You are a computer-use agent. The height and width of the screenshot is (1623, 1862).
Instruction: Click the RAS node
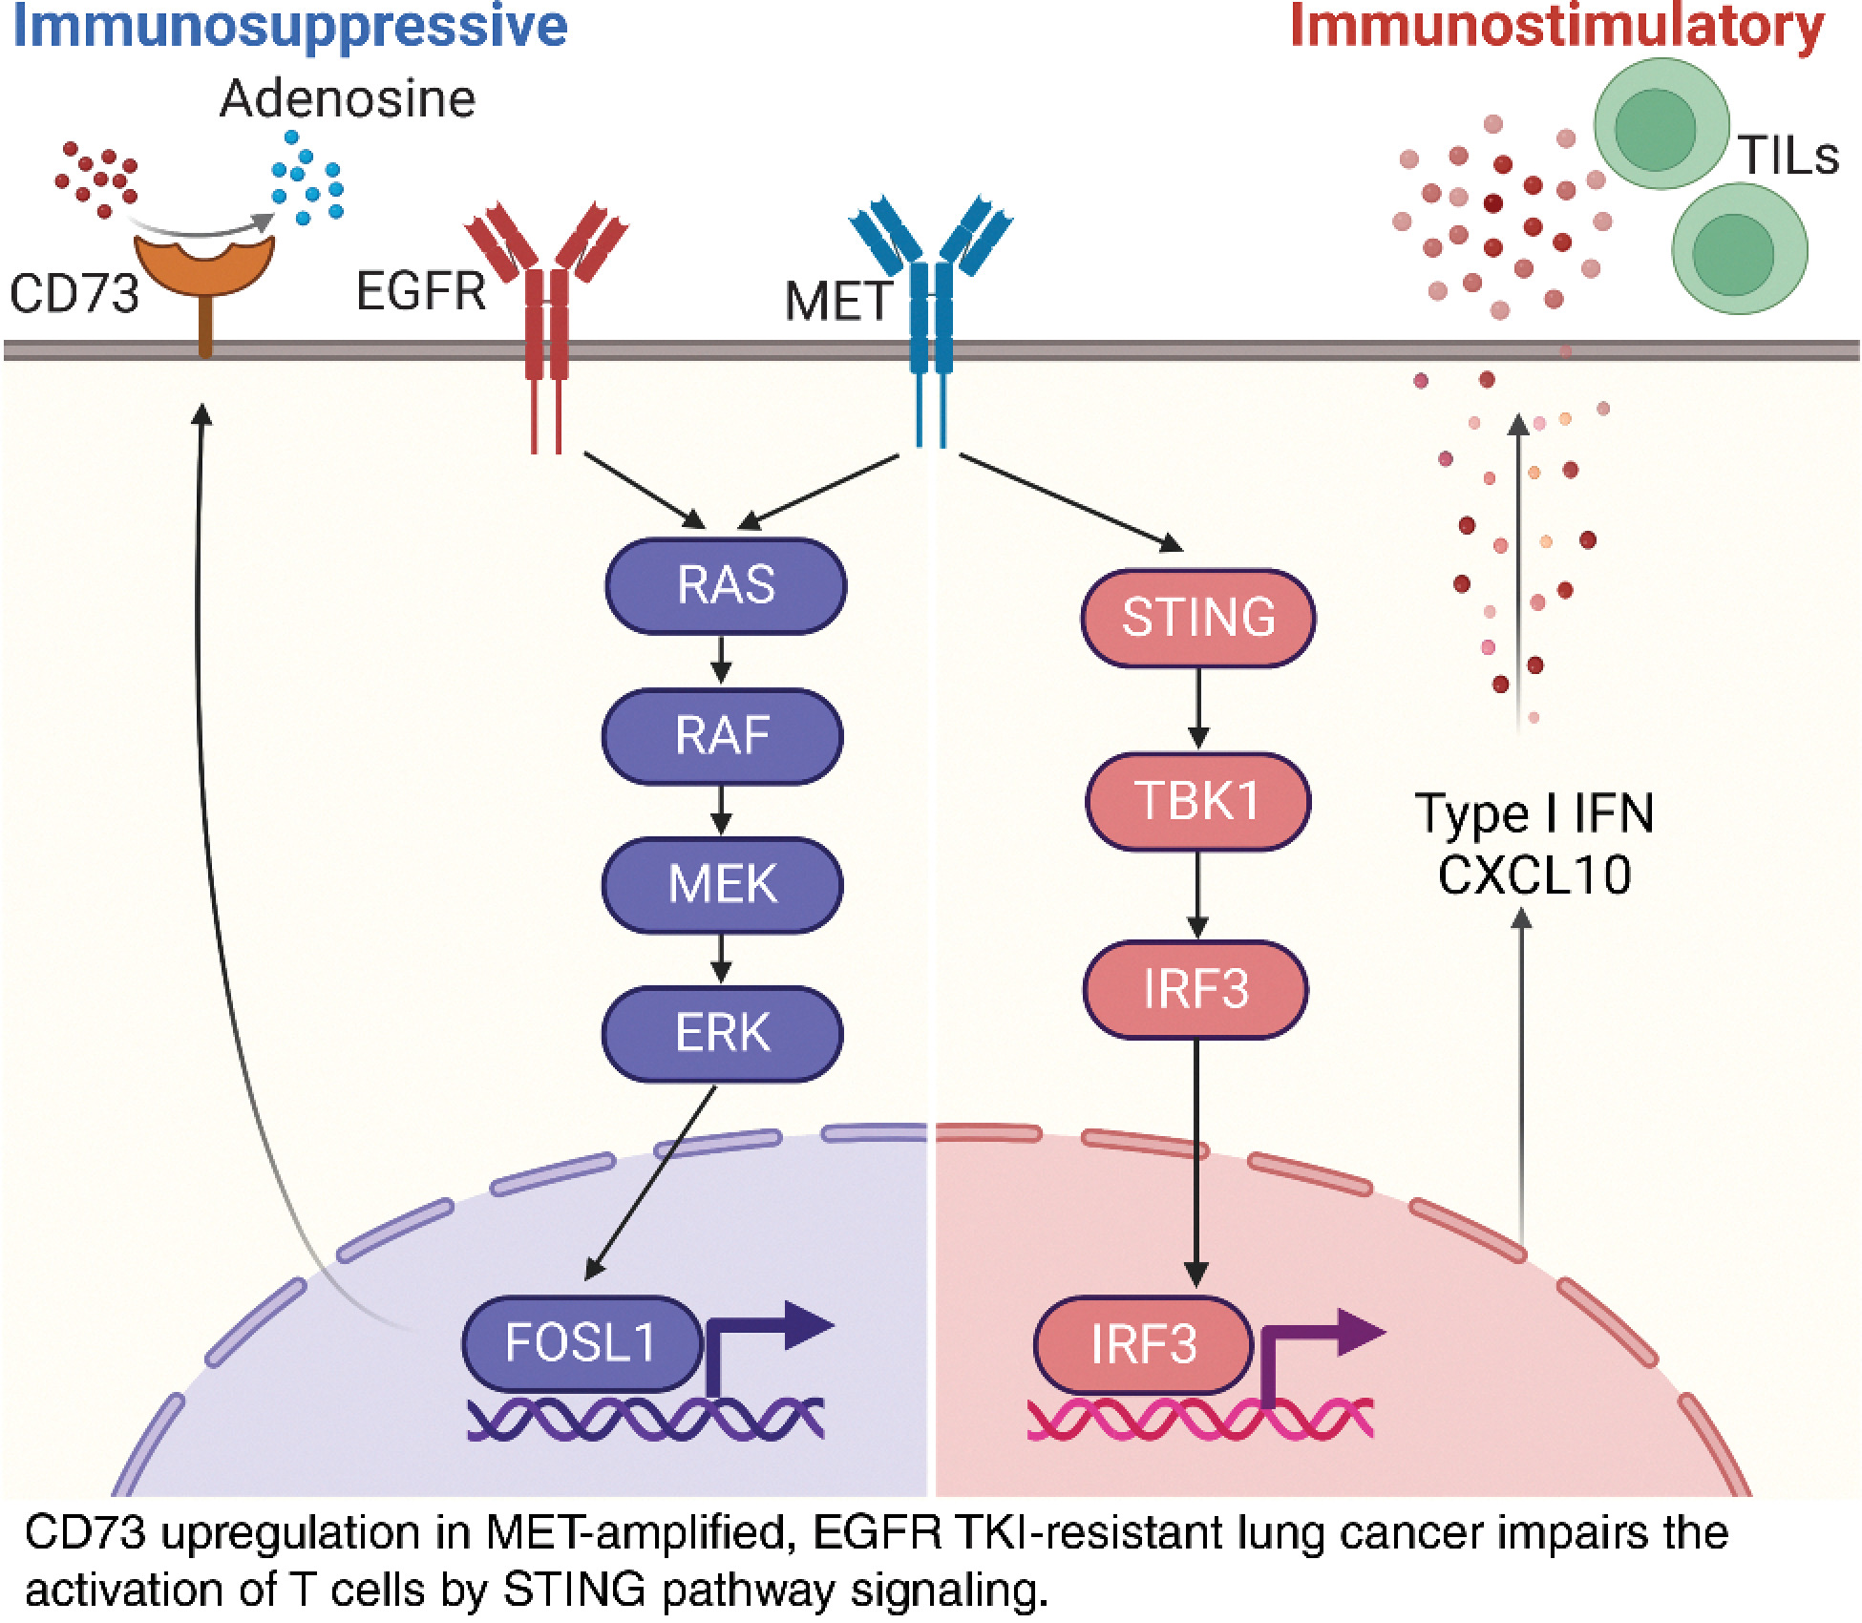click(x=726, y=585)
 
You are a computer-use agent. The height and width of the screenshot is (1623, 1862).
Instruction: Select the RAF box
click(x=722, y=735)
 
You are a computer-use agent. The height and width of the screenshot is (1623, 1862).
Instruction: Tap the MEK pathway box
click(x=722, y=884)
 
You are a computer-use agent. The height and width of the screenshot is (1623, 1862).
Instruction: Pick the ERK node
click(x=722, y=1033)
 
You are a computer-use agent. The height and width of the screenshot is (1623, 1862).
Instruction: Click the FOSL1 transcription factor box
click(x=581, y=1343)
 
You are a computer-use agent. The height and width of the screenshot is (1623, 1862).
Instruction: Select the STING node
click(x=1198, y=617)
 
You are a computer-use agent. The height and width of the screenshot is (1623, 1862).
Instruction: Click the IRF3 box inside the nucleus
click(x=1143, y=1344)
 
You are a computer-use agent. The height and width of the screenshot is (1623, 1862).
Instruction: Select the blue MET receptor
click(x=931, y=306)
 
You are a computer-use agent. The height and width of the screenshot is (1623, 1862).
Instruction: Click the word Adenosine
click(x=348, y=99)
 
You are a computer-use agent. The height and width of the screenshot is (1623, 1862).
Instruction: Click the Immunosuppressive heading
click(x=288, y=27)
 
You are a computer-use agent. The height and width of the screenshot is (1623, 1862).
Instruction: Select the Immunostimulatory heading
click(x=1556, y=27)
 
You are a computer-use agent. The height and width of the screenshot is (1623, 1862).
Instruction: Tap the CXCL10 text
click(x=1534, y=875)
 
